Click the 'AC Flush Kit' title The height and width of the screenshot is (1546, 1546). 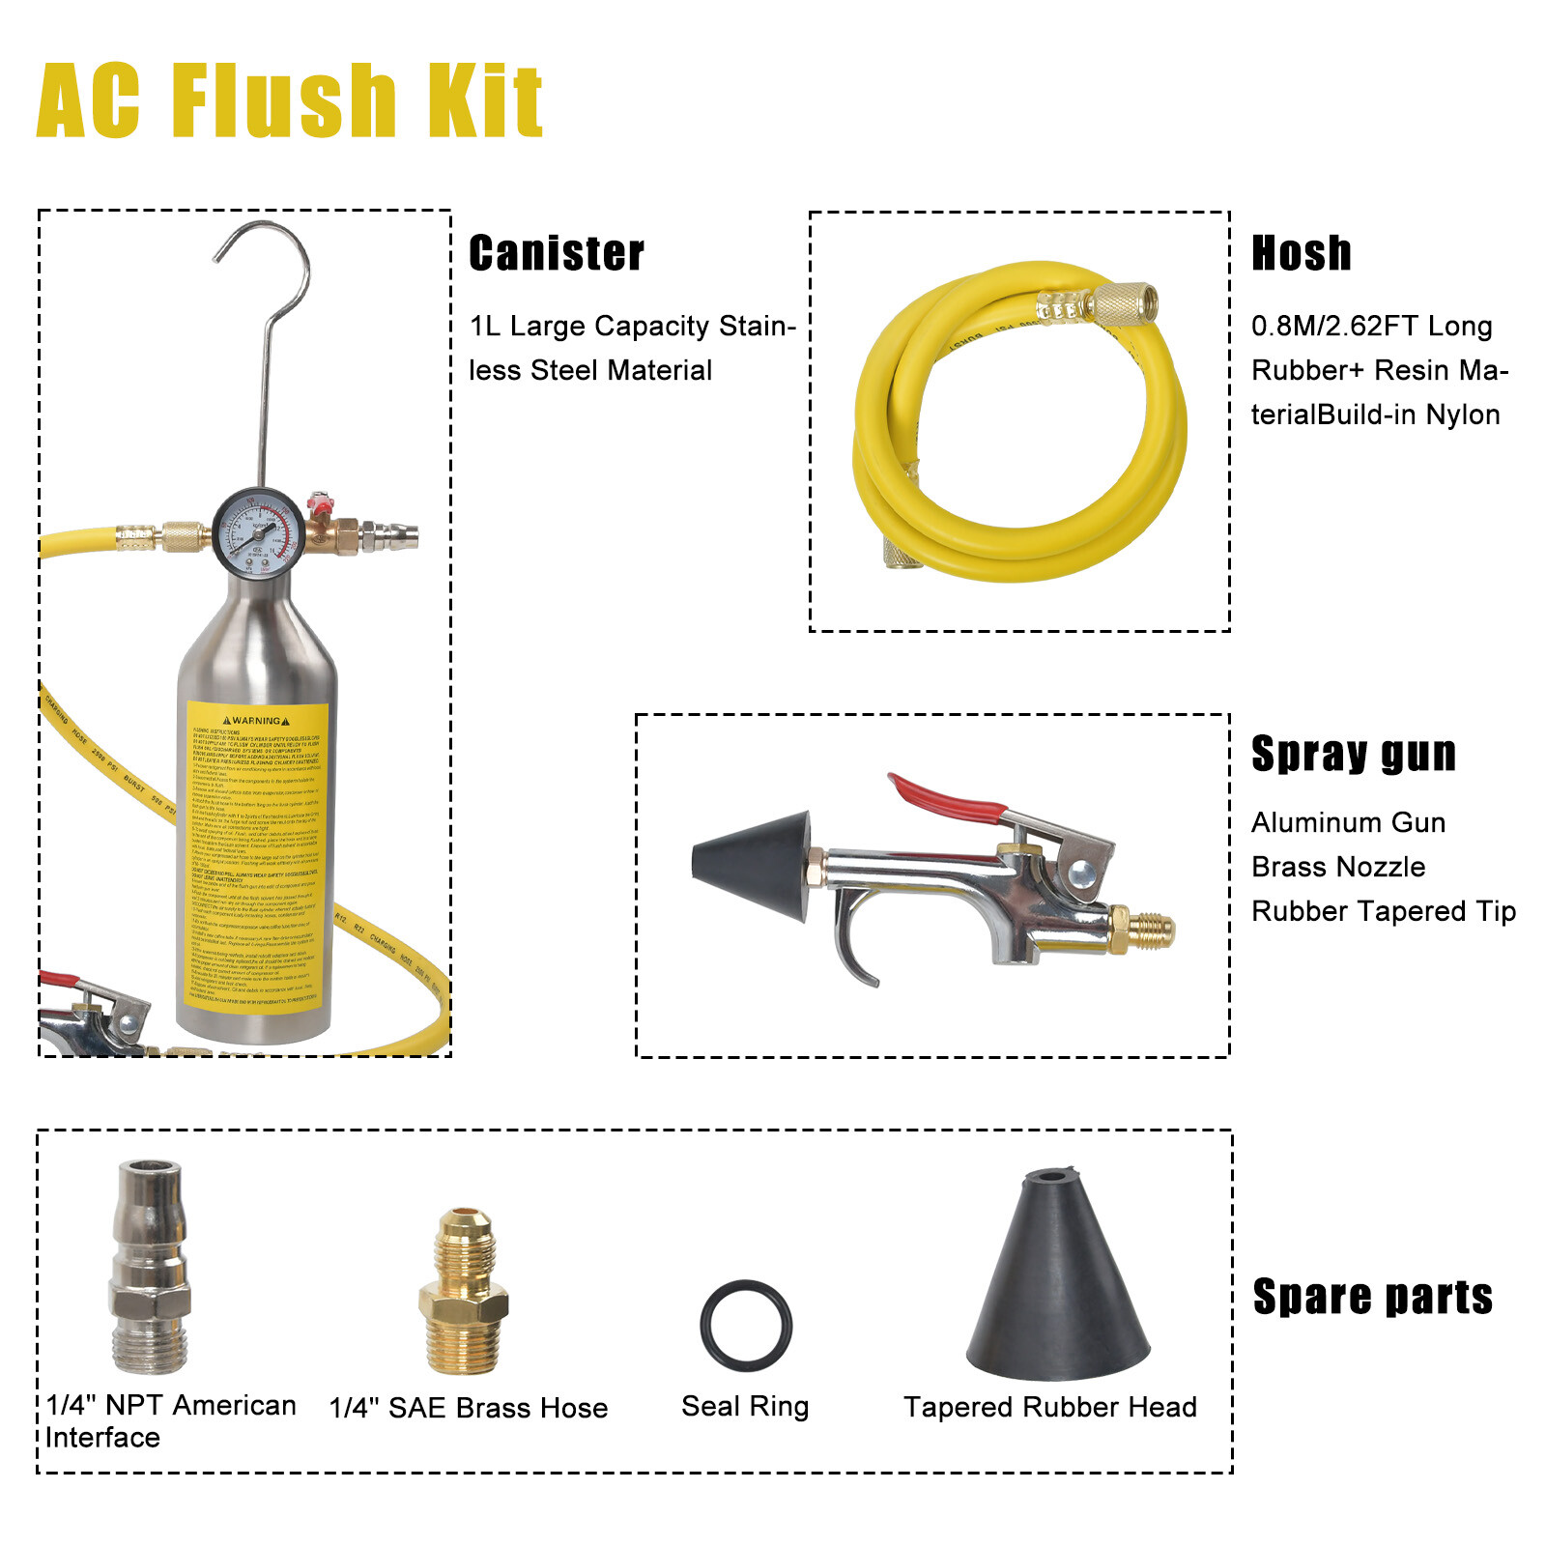[290, 100]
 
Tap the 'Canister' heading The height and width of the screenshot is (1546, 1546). [557, 253]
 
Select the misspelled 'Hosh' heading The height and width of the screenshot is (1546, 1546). [1301, 253]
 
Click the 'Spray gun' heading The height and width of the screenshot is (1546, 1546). [1353, 754]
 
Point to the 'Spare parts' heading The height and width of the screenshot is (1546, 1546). [1372, 1297]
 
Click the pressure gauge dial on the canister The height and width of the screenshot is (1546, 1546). [258, 532]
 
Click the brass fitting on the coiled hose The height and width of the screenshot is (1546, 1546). [1121, 303]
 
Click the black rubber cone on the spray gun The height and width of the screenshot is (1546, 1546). [754, 865]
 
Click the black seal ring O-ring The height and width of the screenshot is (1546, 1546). [746, 1326]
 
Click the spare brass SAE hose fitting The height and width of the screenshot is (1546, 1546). [464, 1290]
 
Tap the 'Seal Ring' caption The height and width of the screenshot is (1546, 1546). [745, 1407]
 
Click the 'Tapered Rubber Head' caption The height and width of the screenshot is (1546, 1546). [1050, 1407]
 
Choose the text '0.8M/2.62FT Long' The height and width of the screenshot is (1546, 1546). [1371, 326]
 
